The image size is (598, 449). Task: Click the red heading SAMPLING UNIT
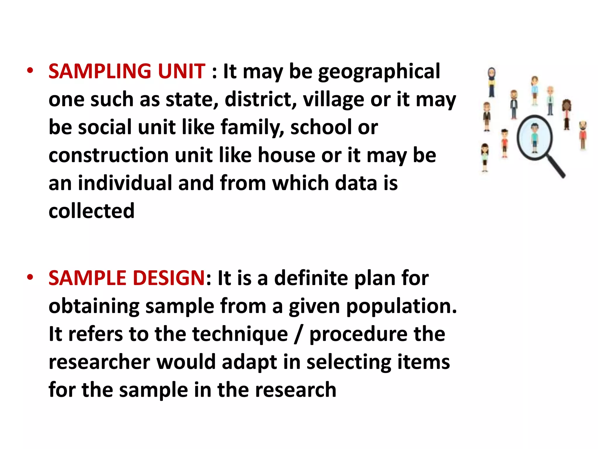pos(127,71)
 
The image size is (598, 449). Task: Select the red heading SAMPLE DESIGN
pos(127,278)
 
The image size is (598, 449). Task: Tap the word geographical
pos(379,72)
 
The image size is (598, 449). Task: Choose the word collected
pos(91,211)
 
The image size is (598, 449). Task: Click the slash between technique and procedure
pos(298,334)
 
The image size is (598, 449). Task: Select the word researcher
pos(99,362)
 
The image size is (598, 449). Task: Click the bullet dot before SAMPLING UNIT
pos(30,71)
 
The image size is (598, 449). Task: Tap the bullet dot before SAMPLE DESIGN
pos(30,277)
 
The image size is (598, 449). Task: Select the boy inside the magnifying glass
pos(534,137)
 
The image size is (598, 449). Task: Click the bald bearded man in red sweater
pos(583,134)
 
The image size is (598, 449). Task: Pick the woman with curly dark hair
pos(566,114)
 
